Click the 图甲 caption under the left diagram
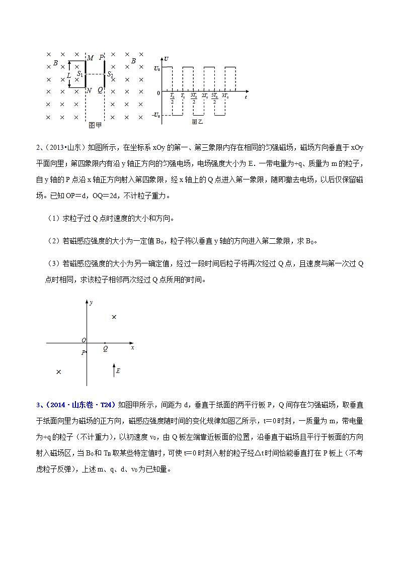[95, 125]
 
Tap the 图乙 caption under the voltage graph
[197, 122]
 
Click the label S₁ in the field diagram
[79, 74]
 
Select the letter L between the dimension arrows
[68, 75]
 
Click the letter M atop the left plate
[90, 58]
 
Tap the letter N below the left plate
[89, 90]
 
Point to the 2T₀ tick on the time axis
[205, 96]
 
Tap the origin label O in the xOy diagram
[84, 340]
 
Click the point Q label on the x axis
[105, 348]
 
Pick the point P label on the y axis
[83, 352]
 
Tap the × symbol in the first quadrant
[114, 317]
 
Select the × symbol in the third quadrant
[58, 372]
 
